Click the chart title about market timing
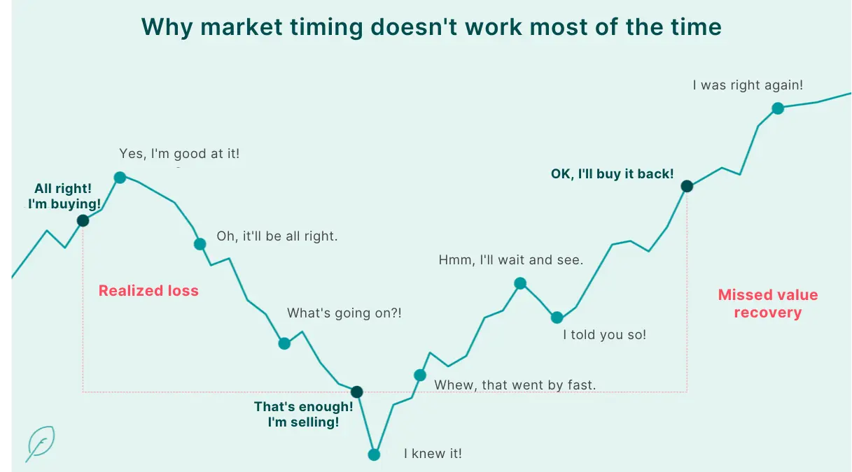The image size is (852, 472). pos(431,27)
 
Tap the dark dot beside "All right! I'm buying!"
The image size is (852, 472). pos(83,221)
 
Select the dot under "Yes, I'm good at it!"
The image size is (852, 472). pos(120,178)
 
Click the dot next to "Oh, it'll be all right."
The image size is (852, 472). pos(200,244)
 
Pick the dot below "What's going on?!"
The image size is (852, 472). pos(284,343)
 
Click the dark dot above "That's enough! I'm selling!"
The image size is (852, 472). pos(356,392)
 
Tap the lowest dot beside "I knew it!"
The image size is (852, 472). pos(374,455)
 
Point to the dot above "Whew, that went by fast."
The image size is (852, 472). pos(420,375)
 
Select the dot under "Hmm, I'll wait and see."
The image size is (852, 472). pos(520,283)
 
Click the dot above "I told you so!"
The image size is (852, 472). pos(557,317)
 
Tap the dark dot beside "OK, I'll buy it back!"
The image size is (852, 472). pos(687,186)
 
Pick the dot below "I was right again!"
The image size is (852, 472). pos(777,108)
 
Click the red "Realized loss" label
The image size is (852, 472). pos(148,291)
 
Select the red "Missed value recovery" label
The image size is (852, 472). pos(768,303)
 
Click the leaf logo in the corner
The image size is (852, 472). pos(41,443)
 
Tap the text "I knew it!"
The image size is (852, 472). pos(433,454)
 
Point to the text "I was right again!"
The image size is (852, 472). pos(748,85)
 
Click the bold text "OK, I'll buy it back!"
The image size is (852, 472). pos(612,174)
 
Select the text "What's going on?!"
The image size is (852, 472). pos(344,313)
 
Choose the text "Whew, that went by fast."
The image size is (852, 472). pos(515,385)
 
